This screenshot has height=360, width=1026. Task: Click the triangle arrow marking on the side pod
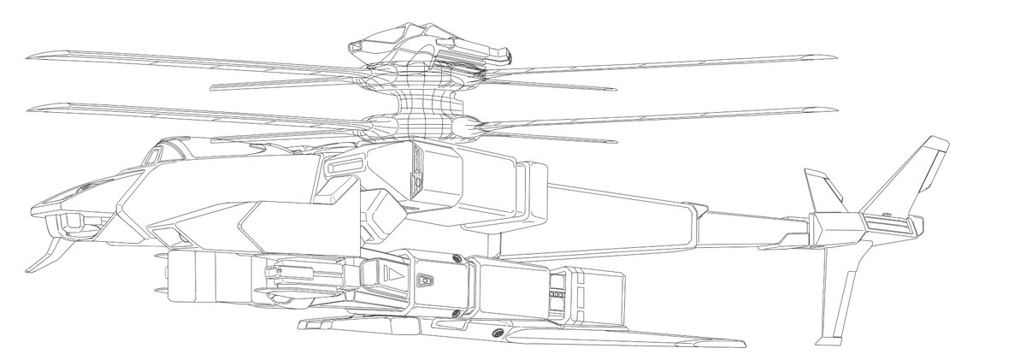[392, 274]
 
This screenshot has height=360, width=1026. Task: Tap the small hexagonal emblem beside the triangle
[422, 280]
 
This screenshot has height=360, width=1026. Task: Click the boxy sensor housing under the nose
[72, 225]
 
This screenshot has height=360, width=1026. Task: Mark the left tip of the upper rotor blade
[30, 58]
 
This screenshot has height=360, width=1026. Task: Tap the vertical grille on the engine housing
[417, 171]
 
